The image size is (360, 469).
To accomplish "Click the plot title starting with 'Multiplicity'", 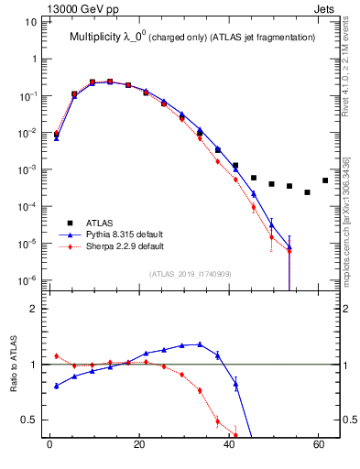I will tap(192, 37).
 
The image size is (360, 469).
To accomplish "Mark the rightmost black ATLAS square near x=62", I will tap(325, 180).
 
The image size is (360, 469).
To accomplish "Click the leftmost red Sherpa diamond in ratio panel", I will tap(57, 356).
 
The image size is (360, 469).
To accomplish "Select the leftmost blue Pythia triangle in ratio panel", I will tap(57, 386).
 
